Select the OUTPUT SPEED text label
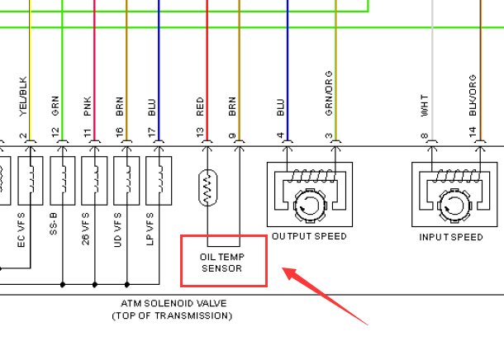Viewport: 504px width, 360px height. [309, 237]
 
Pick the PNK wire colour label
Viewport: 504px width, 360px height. [88, 105]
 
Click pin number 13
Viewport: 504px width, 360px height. [199, 132]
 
